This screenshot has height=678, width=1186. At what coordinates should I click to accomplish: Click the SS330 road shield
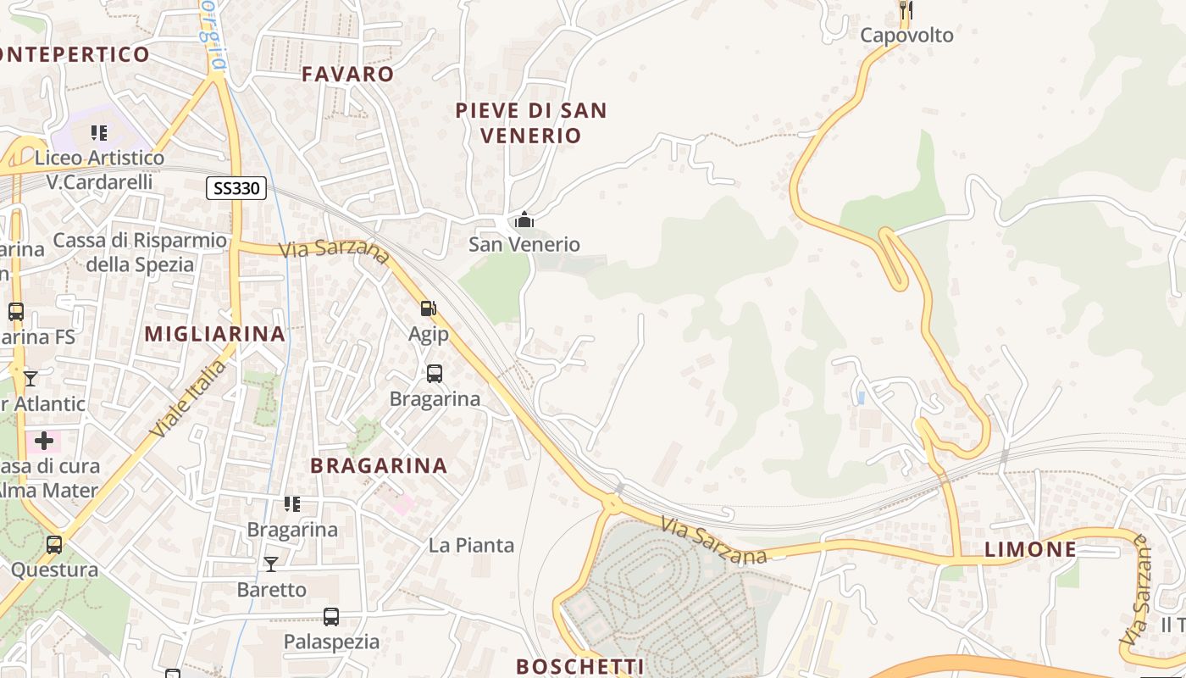pyautogui.click(x=236, y=188)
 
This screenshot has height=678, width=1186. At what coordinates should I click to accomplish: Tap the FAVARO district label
pyautogui.click(x=348, y=74)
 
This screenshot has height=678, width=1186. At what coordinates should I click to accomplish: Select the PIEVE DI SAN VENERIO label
pyautogui.click(x=531, y=123)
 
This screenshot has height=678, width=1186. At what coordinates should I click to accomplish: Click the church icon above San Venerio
pyautogui.click(x=524, y=220)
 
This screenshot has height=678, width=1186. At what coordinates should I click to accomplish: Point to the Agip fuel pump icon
pyautogui.click(x=429, y=309)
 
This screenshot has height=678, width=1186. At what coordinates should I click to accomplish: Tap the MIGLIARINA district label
pyautogui.click(x=215, y=334)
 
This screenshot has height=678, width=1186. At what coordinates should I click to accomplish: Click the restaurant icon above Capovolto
pyautogui.click(x=906, y=10)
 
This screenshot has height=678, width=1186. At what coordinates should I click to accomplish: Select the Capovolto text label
pyautogui.click(x=906, y=36)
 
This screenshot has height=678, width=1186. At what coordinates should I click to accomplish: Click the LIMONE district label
pyautogui.click(x=1030, y=549)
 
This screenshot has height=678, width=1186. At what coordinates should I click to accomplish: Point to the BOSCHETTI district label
pyautogui.click(x=580, y=666)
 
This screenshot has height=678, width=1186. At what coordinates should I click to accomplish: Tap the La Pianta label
pyautogui.click(x=471, y=545)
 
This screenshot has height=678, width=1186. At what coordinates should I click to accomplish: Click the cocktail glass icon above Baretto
pyautogui.click(x=271, y=564)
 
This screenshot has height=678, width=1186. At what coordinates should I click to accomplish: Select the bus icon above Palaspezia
pyautogui.click(x=331, y=617)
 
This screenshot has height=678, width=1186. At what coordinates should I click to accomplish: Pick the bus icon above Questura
pyautogui.click(x=54, y=545)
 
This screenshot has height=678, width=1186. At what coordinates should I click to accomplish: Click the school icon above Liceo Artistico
pyautogui.click(x=99, y=133)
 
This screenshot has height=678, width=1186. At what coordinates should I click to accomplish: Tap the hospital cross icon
pyautogui.click(x=44, y=441)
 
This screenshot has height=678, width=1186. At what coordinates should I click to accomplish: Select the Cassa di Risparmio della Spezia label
pyautogui.click(x=140, y=253)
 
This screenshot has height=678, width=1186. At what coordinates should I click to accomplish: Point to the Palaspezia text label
pyautogui.click(x=331, y=642)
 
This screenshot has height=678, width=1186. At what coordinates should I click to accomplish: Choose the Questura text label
pyautogui.click(x=54, y=570)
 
